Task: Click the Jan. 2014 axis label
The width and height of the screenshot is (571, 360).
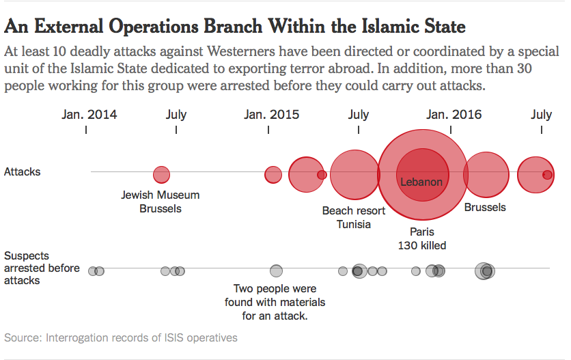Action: point(89,115)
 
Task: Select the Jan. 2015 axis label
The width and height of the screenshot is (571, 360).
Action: point(271,115)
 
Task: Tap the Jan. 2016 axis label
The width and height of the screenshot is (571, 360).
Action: point(454,115)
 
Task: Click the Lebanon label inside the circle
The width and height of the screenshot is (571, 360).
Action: point(421,182)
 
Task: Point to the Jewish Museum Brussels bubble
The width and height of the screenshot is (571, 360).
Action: point(161,174)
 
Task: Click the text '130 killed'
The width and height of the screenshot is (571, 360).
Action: point(421,246)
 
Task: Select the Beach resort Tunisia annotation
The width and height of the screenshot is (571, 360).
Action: point(354,217)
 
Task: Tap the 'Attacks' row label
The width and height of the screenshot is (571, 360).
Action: point(23,172)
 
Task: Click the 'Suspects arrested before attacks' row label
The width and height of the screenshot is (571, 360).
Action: point(42,268)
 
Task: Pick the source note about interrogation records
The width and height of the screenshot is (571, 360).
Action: point(120,337)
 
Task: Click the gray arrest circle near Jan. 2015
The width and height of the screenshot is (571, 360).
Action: point(276,271)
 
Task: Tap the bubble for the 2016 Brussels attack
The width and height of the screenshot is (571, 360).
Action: point(486,175)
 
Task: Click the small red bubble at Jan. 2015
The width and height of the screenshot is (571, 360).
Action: point(273,174)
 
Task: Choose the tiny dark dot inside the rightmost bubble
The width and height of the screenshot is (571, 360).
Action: point(547,175)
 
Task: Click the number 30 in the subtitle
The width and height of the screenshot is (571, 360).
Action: point(524,68)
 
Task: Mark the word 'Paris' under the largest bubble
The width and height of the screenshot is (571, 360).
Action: point(422,232)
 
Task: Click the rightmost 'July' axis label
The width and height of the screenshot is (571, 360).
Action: point(541,115)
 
